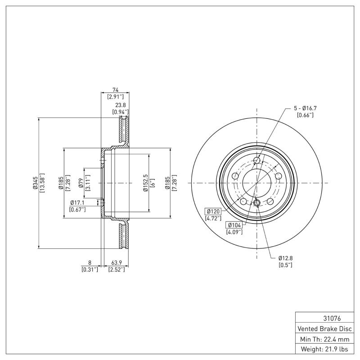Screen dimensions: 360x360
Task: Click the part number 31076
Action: tap(324, 318)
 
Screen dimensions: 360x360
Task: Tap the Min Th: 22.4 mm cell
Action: tap(324, 338)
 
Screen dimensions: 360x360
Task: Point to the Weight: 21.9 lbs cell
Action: tap(324, 349)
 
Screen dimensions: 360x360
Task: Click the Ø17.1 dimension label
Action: tap(78, 202)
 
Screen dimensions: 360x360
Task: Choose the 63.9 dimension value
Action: tap(117, 262)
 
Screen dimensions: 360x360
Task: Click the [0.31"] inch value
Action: tap(90, 270)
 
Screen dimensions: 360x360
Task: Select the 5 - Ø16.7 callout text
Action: tap(305, 108)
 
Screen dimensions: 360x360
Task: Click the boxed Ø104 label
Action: tap(234, 225)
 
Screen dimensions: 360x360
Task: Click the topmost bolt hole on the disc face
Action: tap(257, 161)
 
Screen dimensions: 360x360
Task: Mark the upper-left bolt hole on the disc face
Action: tap(235, 176)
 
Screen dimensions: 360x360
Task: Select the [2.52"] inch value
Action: tap(117, 270)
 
